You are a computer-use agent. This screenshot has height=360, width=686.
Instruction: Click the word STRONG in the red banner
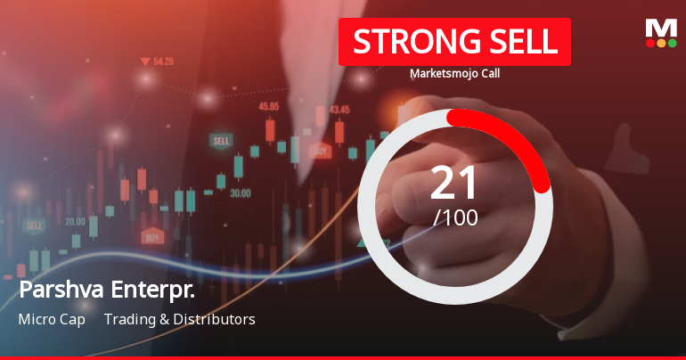[405, 42]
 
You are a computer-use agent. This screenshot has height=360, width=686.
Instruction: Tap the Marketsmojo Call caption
[454, 74]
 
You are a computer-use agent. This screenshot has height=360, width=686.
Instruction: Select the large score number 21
[454, 182]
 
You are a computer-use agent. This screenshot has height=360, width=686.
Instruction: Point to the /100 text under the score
[454, 217]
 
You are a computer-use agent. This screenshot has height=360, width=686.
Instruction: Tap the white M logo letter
[660, 28]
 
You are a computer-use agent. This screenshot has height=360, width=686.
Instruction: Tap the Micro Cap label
[52, 319]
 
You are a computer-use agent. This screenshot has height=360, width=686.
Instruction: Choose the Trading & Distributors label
[179, 319]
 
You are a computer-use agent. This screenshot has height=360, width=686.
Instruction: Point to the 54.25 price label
[163, 61]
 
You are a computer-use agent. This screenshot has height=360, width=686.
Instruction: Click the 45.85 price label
[268, 106]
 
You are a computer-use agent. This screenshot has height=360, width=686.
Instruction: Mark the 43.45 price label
[339, 110]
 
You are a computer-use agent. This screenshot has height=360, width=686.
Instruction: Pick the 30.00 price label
[240, 192]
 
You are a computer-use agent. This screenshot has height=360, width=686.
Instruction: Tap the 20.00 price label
[75, 221]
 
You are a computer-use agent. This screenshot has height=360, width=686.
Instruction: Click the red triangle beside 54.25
[144, 61]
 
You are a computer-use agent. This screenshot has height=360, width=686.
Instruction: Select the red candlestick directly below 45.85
[269, 131]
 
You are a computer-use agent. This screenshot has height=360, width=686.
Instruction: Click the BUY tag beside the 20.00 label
[152, 237]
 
